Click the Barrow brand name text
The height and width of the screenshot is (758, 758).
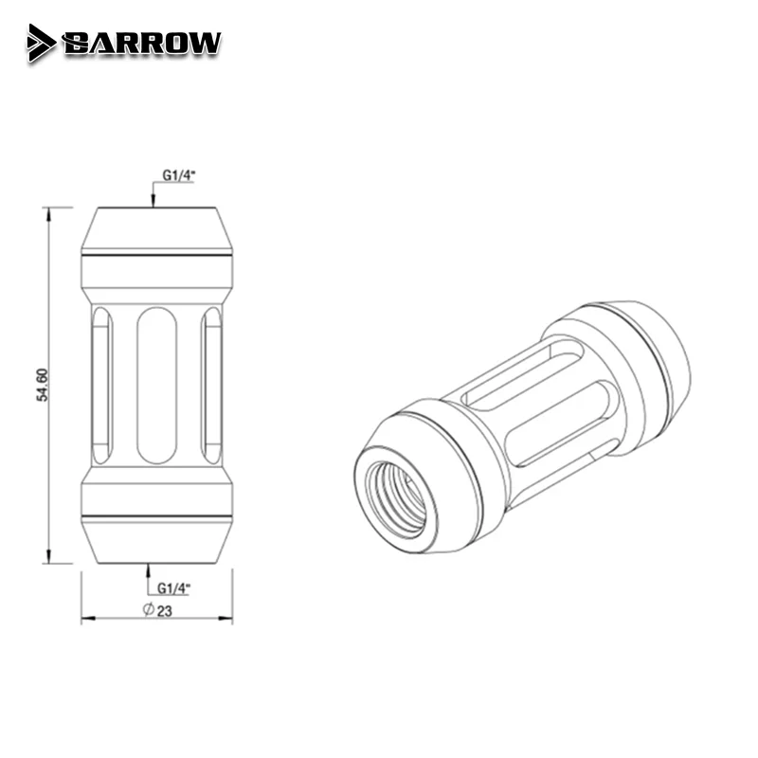[x=142, y=43]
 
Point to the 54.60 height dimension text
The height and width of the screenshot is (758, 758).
[x=42, y=386]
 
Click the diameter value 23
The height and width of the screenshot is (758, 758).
[x=164, y=610]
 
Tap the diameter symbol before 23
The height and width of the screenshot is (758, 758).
[x=149, y=610]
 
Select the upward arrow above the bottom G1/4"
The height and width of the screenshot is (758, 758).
[x=149, y=569]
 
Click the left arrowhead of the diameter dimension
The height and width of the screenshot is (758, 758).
[x=86, y=621]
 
